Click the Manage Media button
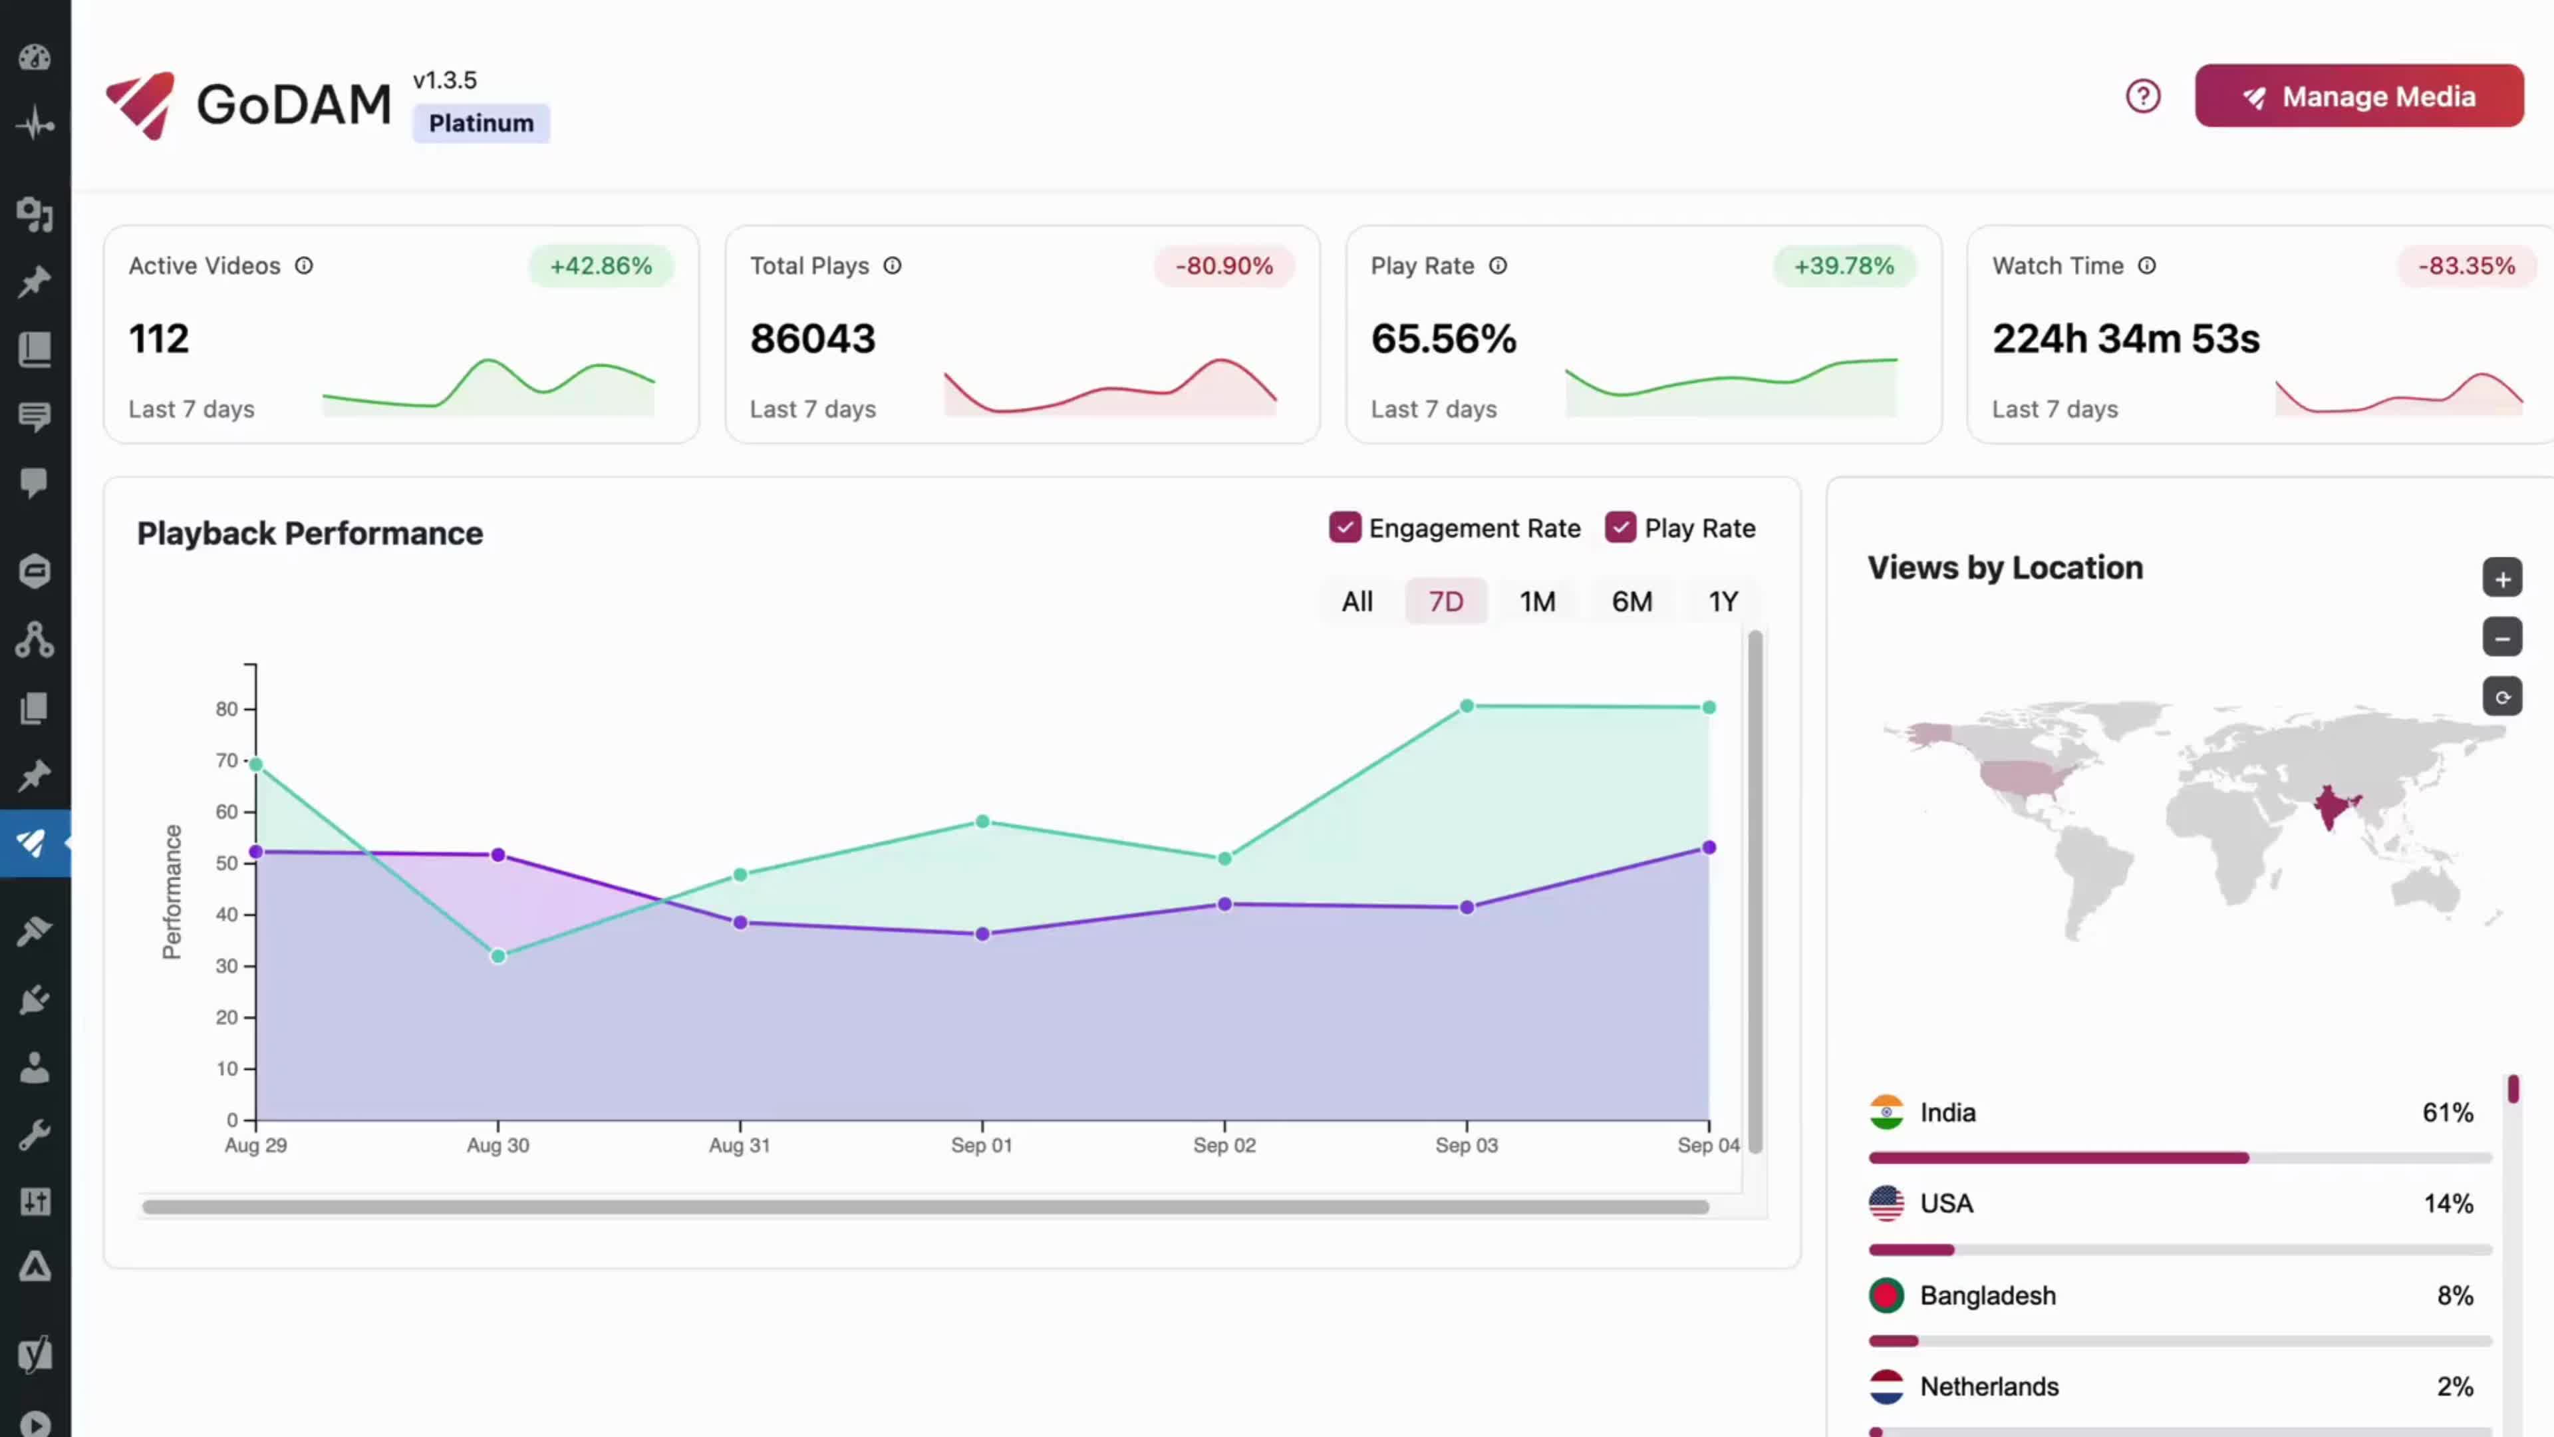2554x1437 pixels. (x=2358, y=96)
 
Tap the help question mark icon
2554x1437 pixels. (x=2142, y=96)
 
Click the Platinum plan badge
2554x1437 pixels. (x=481, y=123)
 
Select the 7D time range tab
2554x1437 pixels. (x=1445, y=601)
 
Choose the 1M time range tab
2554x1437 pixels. (x=1537, y=601)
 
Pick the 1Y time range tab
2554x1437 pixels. (x=1722, y=601)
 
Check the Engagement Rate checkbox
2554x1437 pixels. (x=1344, y=528)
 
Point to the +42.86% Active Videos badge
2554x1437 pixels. (x=601, y=266)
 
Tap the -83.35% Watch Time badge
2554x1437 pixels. (x=2466, y=266)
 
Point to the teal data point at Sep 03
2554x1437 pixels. (x=1467, y=706)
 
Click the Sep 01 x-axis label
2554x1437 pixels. (x=980, y=1146)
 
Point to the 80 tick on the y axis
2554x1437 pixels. (x=227, y=709)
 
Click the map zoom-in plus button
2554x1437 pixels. (x=2501, y=578)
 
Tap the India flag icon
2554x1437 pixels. (x=1886, y=1112)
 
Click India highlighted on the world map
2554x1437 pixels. (x=2331, y=805)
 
